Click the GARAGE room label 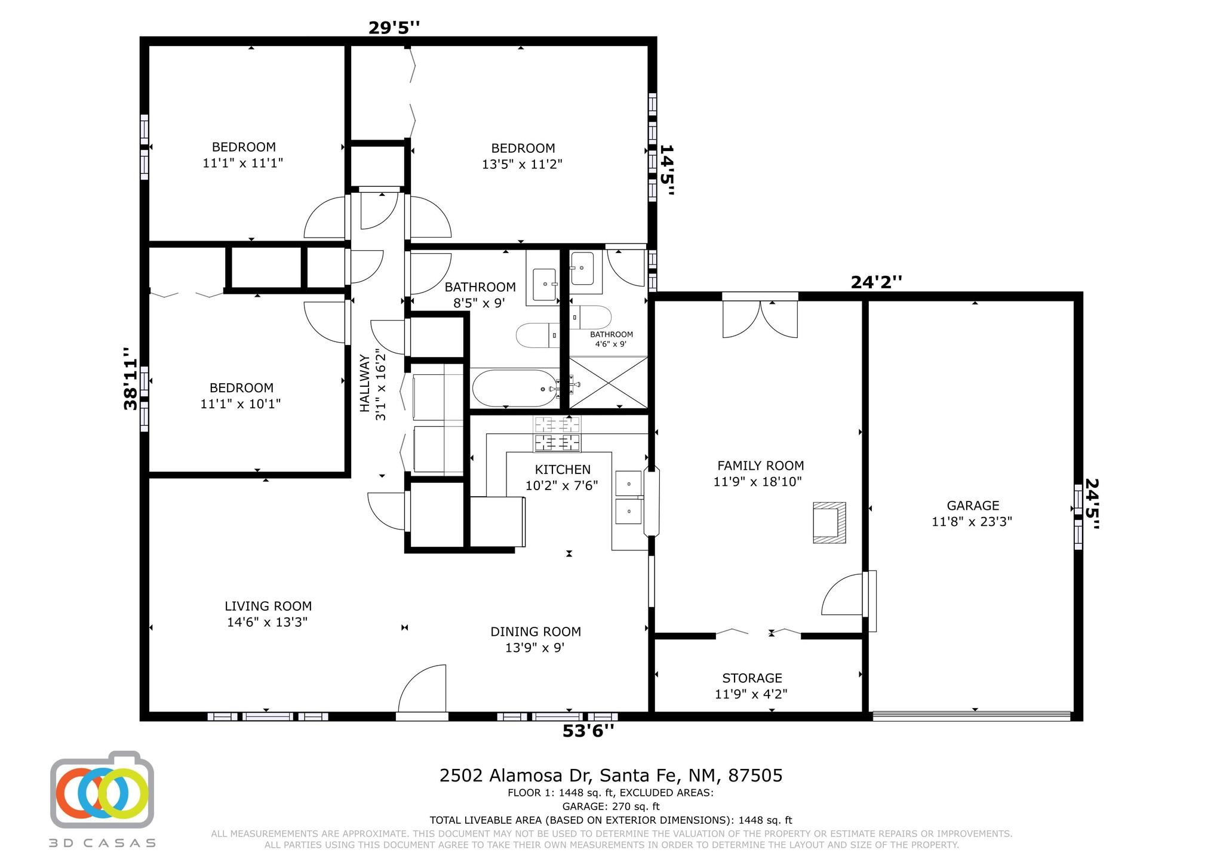click(973, 506)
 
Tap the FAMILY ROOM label click(760, 466)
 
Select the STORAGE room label click(752, 678)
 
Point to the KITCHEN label click(563, 470)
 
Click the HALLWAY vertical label click(364, 383)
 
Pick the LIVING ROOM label click(268, 606)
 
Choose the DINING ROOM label click(536, 632)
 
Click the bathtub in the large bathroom click(515, 389)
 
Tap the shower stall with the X click(608, 383)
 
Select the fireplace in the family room click(829, 522)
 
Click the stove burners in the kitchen click(557, 434)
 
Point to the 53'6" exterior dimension click(588, 731)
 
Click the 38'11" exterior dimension click(131, 378)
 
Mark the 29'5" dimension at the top click(394, 27)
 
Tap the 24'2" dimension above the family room click(876, 282)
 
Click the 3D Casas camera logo click(102, 790)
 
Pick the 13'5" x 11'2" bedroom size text click(522, 164)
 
